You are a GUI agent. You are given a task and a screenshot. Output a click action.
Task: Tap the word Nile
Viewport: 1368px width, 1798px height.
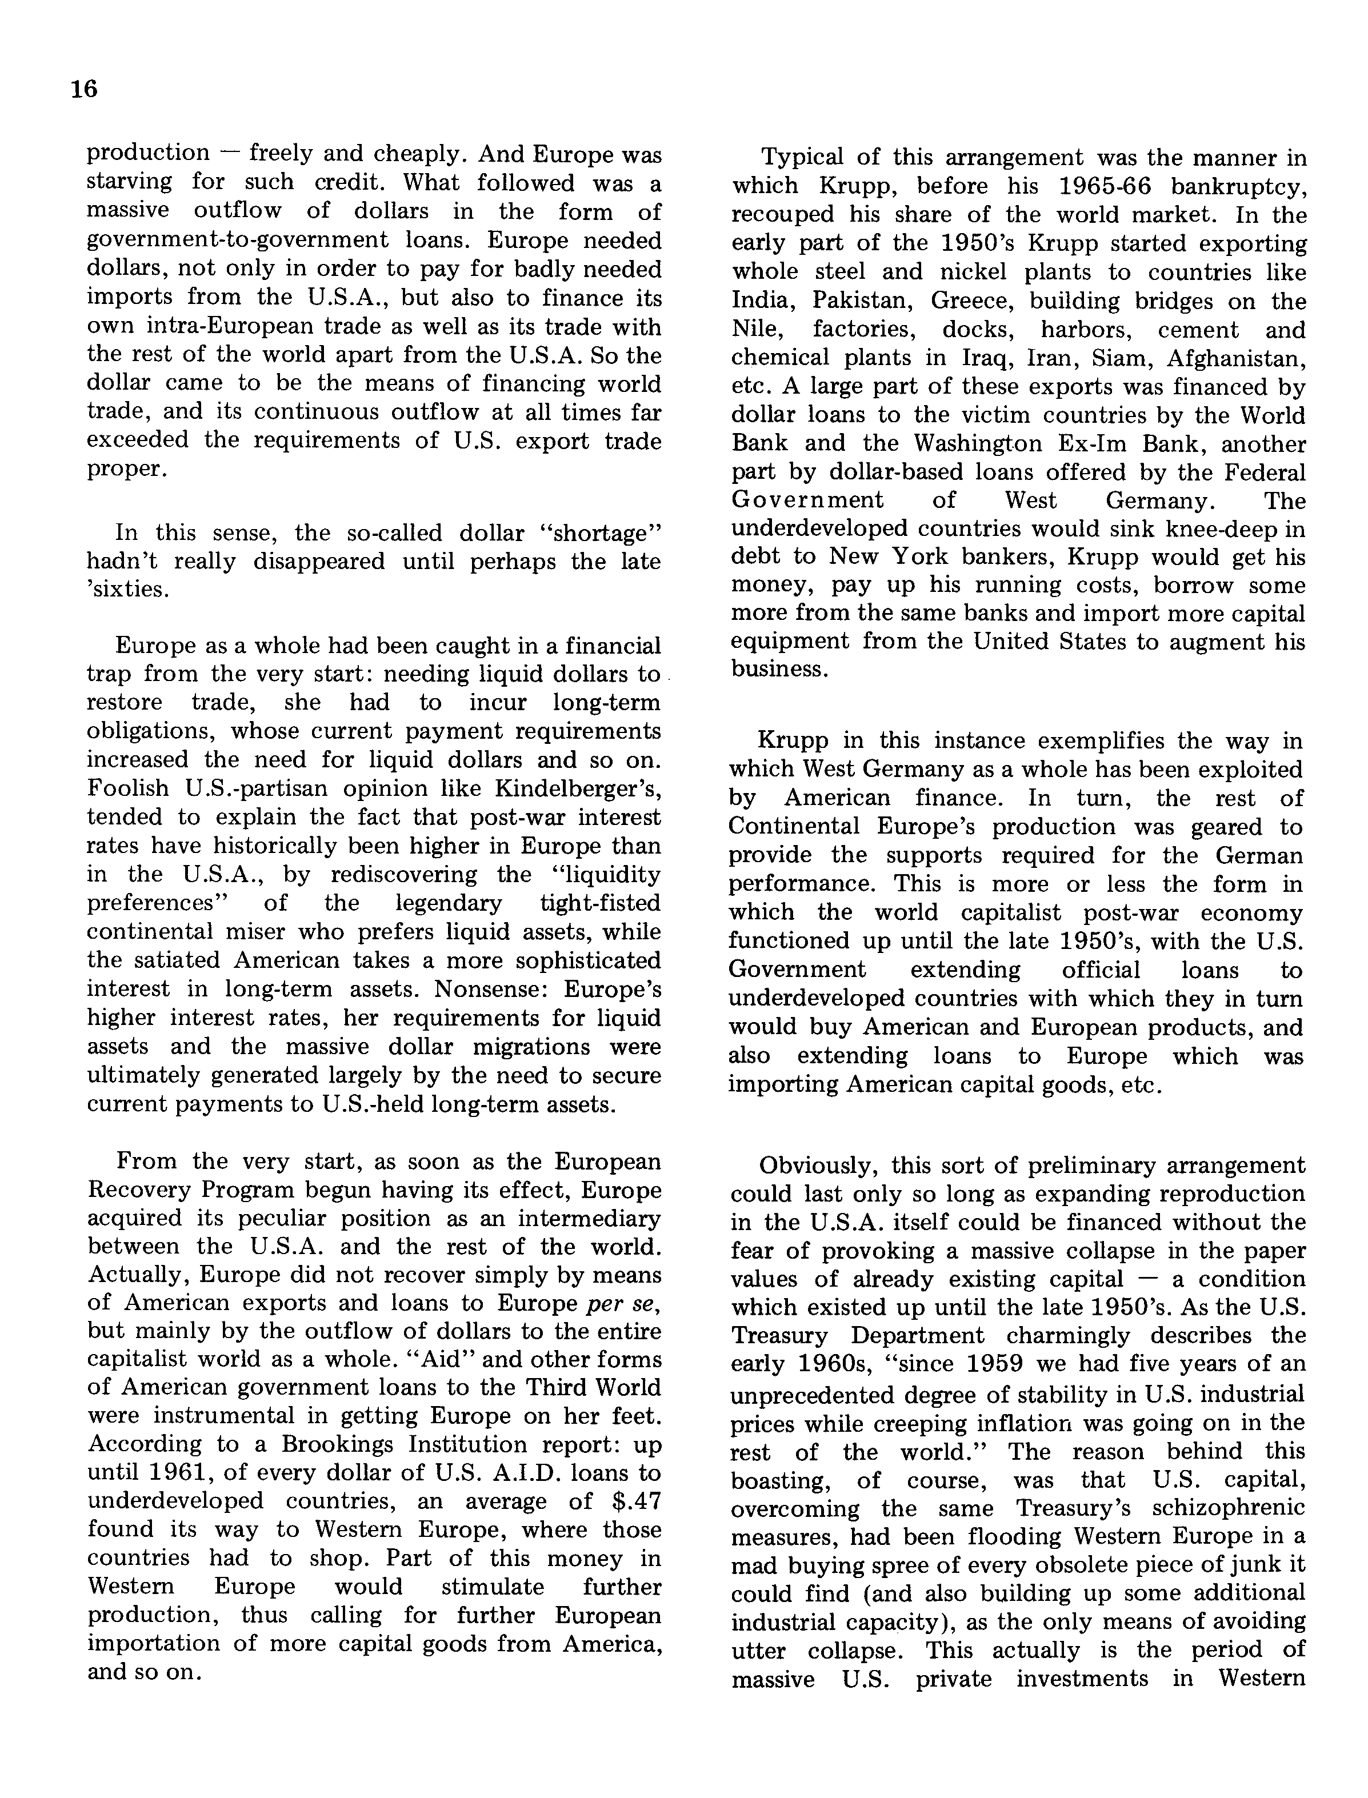tap(753, 330)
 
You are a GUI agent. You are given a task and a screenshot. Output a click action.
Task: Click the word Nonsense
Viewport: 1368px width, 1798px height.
tap(477, 989)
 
